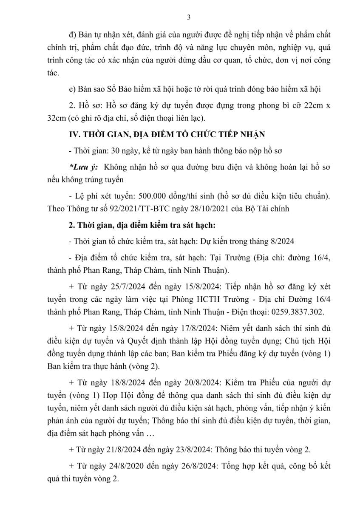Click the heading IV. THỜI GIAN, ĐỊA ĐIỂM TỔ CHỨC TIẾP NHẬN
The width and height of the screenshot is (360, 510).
click(167, 135)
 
